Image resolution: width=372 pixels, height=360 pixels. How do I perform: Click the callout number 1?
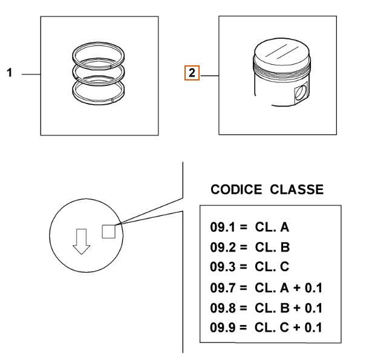tap(10, 73)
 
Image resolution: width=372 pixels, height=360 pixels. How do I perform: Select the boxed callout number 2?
tap(192, 73)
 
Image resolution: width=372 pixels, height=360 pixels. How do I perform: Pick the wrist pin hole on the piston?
tap(300, 93)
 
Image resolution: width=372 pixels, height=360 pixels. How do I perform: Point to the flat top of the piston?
tap(282, 52)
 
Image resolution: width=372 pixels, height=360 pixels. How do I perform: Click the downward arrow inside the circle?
tap(82, 241)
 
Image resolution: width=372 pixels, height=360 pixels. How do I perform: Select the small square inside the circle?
tap(109, 231)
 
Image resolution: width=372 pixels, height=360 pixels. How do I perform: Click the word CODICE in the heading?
tap(236, 189)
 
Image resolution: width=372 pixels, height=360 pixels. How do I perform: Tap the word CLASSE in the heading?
tap(296, 189)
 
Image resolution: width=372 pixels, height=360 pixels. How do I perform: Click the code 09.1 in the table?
tap(223, 227)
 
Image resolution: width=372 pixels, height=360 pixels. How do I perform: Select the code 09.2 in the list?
tap(223, 247)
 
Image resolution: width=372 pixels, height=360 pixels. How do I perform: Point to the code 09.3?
tap(223, 266)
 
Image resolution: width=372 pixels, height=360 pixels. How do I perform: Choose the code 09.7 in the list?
tap(223, 287)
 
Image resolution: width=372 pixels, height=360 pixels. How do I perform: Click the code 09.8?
tap(223, 308)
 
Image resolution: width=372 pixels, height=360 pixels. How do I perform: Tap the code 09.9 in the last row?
tap(223, 327)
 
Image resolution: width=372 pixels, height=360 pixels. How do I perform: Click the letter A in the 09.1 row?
tap(284, 227)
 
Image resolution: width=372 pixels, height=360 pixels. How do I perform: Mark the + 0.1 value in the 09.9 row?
tap(307, 327)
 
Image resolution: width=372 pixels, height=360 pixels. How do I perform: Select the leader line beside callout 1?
tap(31, 74)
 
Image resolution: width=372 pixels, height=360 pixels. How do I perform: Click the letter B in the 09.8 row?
tap(285, 308)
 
